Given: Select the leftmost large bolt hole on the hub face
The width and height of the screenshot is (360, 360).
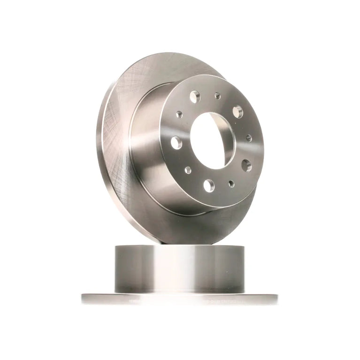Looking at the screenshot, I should pos(176,142).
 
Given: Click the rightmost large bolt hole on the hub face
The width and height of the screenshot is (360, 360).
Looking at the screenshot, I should pos(246,165).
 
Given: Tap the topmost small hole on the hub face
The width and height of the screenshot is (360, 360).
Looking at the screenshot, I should pos(217,96).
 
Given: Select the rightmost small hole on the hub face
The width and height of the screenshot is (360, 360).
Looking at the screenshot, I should pos(249,138).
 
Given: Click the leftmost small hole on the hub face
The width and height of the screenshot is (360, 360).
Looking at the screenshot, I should pos(179,114).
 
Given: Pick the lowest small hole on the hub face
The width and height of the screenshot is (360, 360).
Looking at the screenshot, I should pos(231,184).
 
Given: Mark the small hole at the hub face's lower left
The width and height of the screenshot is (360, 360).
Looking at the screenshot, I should pos(188,170).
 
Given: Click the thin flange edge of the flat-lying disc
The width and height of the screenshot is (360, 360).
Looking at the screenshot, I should pos(178,299).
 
